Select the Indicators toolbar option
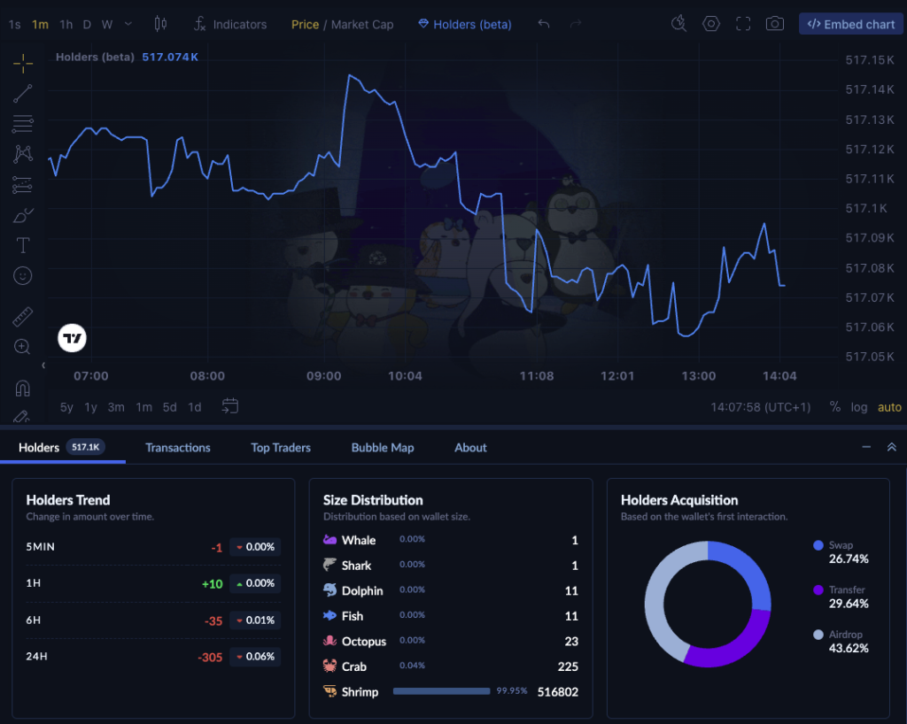pos(230,24)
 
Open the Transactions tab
pos(178,448)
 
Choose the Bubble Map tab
pos(383,448)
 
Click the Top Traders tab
pos(281,448)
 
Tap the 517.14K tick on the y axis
pos(869,89)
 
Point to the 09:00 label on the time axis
pos(323,376)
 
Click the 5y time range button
pos(66,407)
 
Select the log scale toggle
pos(859,407)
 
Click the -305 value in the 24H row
pos(210,658)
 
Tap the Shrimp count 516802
pos(557,692)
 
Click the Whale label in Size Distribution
pos(359,540)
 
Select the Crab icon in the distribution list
pos(329,666)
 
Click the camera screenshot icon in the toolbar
pos(775,24)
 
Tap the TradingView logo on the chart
pos(73,338)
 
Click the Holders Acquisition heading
pos(679,500)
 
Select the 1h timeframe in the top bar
pos(66,24)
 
